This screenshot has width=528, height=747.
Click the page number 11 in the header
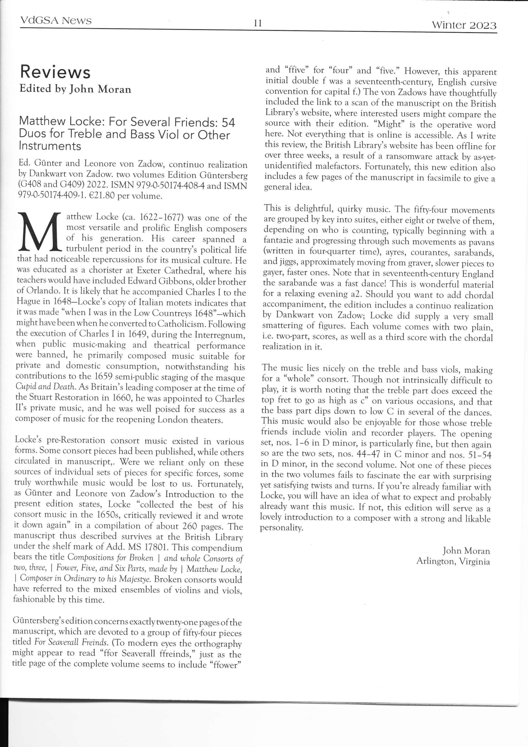click(258, 23)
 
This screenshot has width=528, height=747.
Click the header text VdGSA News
click(56, 20)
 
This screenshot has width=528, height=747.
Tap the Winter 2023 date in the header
click(464, 25)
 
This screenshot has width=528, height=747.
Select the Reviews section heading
click(55, 72)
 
